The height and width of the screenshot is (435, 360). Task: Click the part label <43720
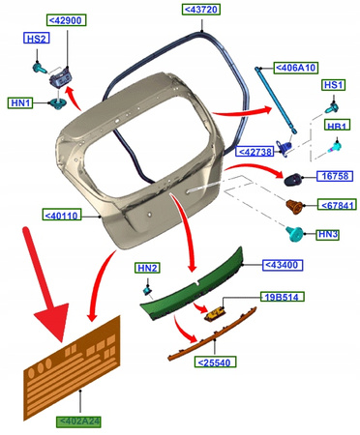pyautogui.click(x=201, y=10)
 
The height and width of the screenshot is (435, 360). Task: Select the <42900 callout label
pyautogui.click(x=67, y=20)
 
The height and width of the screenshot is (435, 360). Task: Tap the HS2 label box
pyautogui.click(x=37, y=39)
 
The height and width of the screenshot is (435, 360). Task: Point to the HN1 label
pyautogui.click(x=20, y=103)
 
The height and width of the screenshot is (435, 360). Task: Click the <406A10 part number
pyautogui.click(x=296, y=68)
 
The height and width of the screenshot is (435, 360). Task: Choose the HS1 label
pyautogui.click(x=334, y=85)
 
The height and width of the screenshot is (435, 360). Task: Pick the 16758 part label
pyautogui.click(x=335, y=176)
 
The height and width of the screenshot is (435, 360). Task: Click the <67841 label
pyautogui.click(x=337, y=205)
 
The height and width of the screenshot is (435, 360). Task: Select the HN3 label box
pyautogui.click(x=328, y=234)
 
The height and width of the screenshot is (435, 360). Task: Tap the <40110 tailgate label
pyautogui.click(x=62, y=215)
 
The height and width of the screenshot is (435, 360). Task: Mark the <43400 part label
pyautogui.click(x=283, y=265)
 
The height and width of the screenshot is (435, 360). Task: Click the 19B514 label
pyautogui.click(x=283, y=297)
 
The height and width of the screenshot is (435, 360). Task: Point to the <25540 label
pyautogui.click(x=215, y=362)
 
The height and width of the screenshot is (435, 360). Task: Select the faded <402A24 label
pyautogui.click(x=78, y=421)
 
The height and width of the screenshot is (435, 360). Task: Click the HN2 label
pyautogui.click(x=147, y=268)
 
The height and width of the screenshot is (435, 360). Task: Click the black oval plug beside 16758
pyautogui.click(x=293, y=179)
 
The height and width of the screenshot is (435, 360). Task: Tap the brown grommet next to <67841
pyautogui.click(x=295, y=207)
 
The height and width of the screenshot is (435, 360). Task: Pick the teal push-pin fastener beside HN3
pyautogui.click(x=294, y=234)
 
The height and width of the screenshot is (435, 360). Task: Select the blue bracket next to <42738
pyautogui.click(x=284, y=148)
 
